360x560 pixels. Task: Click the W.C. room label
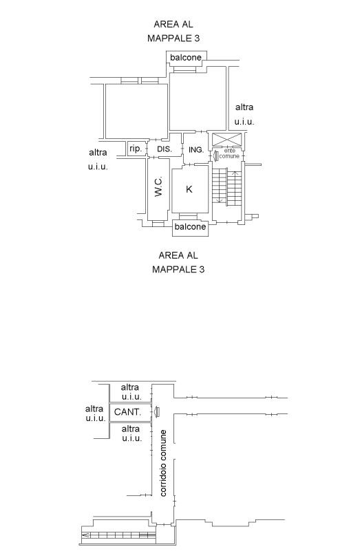pyautogui.click(x=159, y=186)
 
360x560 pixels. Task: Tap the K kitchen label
pyautogui.click(x=189, y=189)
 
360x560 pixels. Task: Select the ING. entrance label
pyautogui.click(x=196, y=150)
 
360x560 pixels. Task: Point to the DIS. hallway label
pyautogui.click(x=165, y=149)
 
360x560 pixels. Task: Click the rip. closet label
pyautogui.click(x=136, y=149)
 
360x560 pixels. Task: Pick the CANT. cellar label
pyautogui.click(x=127, y=412)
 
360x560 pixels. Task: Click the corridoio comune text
pyautogui.click(x=163, y=463)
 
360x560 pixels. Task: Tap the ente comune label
pyautogui.click(x=229, y=153)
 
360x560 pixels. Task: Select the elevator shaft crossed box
pyautogui.click(x=226, y=139)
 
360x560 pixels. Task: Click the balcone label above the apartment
pyautogui.click(x=186, y=58)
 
